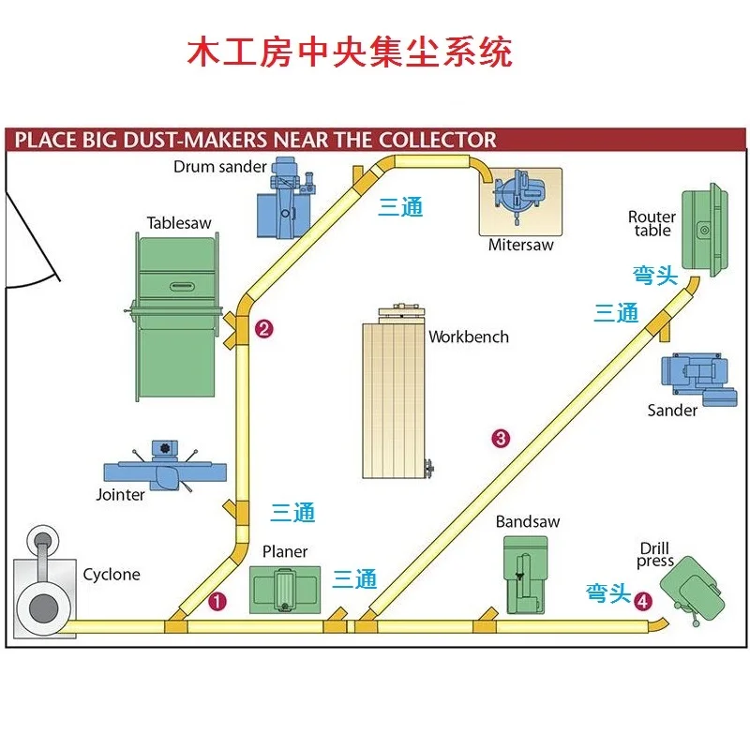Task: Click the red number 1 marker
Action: coord(217,602)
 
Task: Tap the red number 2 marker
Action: coord(264,328)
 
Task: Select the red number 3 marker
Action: coord(501,437)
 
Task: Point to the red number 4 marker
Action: coord(642,601)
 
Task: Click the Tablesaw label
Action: coord(179,223)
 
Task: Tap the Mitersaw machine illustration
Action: coord(520,199)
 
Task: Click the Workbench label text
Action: coord(469,337)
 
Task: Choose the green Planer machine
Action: coord(285,590)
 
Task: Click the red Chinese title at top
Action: coord(350,51)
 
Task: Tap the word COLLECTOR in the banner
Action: coord(437,141)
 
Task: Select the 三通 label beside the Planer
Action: coord(355,578)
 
